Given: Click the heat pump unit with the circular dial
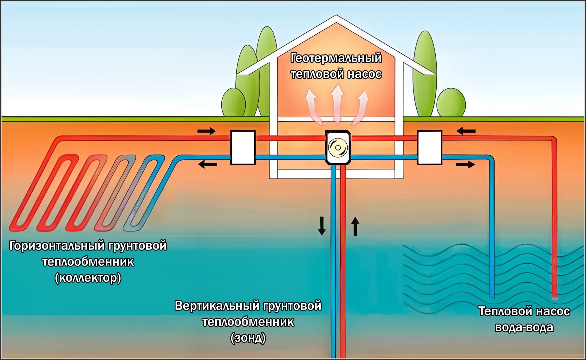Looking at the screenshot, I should pos(338,148).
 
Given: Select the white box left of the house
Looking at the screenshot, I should pos(243,148).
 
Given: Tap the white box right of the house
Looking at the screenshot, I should pos(429,148).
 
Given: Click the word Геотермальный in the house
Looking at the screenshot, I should pos(336,58).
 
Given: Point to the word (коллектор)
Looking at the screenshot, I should pos(88,278).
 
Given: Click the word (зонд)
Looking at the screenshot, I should pos(248,338).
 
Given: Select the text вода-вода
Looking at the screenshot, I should pos(524,327).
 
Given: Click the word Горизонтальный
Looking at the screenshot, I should pos(57,246).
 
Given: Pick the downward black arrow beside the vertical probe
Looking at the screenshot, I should pos(322,226).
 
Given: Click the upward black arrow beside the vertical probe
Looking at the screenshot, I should pos(355,226).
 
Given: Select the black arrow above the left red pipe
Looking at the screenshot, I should pos(206,131).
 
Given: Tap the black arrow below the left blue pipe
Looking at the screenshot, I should pos(207,164).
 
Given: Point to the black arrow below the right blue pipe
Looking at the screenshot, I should pos(465,164).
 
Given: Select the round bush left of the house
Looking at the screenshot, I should pos(233,102).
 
